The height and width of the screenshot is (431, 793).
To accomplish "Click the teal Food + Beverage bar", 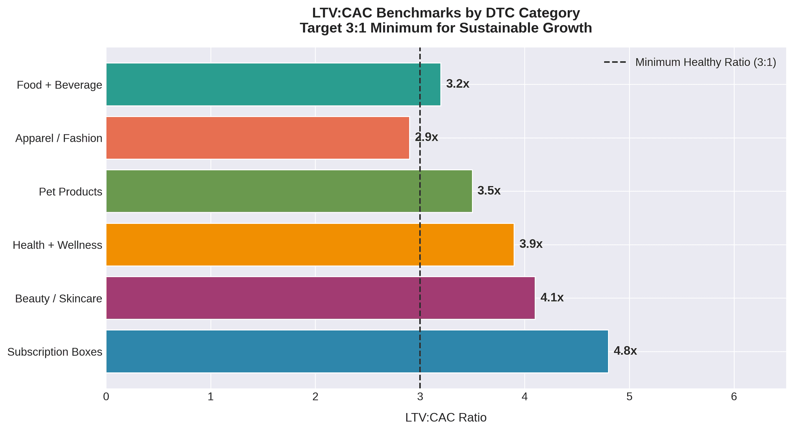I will pos(273,84).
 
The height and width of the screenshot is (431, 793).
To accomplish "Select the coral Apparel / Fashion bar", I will pos(257,138).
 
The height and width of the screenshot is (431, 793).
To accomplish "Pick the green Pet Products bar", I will pos(288,191).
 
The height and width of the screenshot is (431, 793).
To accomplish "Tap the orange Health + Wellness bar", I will pos(310,245).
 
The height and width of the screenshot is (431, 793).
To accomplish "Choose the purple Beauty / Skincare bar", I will pos(319,298).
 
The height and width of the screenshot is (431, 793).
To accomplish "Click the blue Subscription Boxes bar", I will pos(356,351).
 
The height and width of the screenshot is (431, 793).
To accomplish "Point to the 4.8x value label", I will pos(625,351).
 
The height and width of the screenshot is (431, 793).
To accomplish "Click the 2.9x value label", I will pos(426,137).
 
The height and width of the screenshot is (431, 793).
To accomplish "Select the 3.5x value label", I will pos(489,191).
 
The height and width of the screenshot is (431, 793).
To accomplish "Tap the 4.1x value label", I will pos(552,298).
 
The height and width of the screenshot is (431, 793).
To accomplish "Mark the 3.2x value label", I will pos(457,84).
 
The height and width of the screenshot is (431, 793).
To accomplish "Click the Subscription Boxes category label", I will pos(55,352).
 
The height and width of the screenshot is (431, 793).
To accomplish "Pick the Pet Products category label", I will pos(70,192).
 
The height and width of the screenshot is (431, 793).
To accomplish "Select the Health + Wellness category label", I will pos(57,245).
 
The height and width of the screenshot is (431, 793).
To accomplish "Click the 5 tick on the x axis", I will pos(629,397).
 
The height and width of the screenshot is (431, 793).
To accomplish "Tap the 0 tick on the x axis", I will pos(106,397).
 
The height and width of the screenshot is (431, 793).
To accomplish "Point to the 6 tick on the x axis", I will pos(734,397).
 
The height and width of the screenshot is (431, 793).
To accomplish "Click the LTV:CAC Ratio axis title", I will pos(446,418).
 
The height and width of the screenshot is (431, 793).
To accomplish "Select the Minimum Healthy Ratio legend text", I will pos(705,62).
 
